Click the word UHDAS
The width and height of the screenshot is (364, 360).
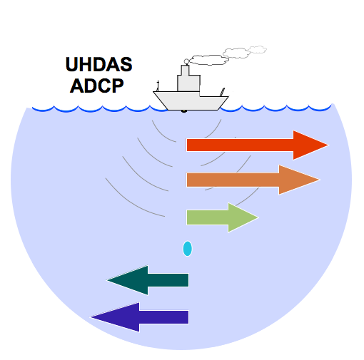98,64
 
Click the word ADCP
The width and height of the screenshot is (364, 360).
97,86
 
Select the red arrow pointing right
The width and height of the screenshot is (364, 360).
257,145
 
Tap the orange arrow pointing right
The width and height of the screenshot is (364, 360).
253,180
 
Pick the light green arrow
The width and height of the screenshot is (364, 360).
222,217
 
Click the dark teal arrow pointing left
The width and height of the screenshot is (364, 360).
148,280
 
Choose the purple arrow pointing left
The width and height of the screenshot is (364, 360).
140,317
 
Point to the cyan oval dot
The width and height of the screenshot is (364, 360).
188,249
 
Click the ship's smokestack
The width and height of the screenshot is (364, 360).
185,71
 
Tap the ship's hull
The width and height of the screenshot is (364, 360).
191,101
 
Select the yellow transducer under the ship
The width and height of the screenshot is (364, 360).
184,111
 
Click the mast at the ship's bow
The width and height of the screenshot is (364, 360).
158,86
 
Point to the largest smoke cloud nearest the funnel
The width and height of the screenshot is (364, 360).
208,60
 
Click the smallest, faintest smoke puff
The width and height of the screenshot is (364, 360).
257,49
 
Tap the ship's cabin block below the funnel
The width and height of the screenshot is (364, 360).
188,83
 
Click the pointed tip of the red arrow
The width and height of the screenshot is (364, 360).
328,145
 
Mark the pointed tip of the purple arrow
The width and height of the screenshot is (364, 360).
91,317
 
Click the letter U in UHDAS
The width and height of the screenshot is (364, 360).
72,64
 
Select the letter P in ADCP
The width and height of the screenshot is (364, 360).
118,86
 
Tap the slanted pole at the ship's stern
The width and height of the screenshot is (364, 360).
222,92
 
